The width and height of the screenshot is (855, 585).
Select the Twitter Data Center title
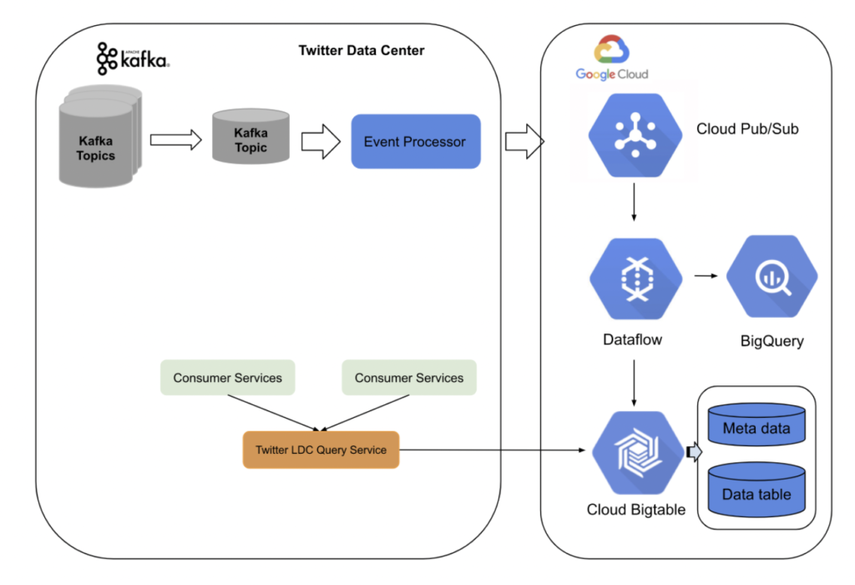362,51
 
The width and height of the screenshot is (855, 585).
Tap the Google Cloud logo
612,58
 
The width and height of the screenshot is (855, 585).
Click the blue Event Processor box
415,141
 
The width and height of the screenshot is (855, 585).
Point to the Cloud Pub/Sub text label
747,130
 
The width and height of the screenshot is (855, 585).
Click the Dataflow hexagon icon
635,279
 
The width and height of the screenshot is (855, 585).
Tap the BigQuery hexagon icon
772,279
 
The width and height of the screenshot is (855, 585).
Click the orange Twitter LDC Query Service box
321,450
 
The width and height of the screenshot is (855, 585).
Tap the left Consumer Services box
227,378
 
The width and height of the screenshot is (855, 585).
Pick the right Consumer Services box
408,378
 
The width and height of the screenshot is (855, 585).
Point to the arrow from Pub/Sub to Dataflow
634,202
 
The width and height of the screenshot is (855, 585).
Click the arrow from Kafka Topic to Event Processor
321,142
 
